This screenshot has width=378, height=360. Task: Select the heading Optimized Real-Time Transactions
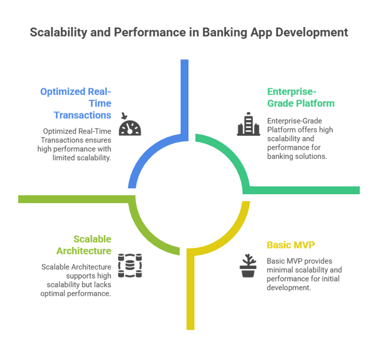[x=76, y=103]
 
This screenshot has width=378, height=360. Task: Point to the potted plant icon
[x=248, y=266]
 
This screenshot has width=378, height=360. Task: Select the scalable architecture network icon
[x=130, y=266]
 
